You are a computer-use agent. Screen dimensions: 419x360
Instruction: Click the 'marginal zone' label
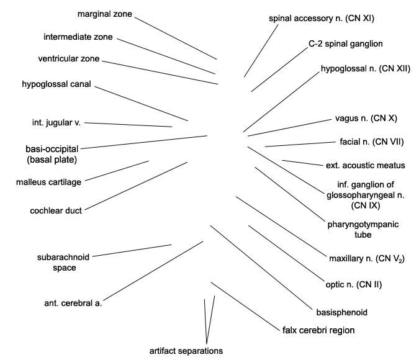(x=105, y=14)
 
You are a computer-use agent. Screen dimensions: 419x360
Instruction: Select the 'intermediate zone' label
(x=78, y=37)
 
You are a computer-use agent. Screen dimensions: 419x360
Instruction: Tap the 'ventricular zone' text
(x=69, y=59)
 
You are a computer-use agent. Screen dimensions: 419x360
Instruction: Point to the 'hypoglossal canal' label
(x=56, y=84)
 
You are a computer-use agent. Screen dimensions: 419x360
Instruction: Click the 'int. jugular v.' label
(x=56, y=123)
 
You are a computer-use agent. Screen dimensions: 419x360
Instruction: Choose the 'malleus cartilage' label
(x=48, y=182)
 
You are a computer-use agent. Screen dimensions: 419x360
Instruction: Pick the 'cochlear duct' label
(x=56, y=211)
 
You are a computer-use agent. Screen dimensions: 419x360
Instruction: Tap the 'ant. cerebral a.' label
(x=73, y=304)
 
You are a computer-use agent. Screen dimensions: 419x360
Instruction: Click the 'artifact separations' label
(x=186, y=351)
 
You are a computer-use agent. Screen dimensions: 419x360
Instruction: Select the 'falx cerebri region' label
(x=318, y=330)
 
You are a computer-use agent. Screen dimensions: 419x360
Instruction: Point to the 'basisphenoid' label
(x=342, y=312)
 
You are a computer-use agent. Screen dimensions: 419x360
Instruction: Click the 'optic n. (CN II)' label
(x=354, y=285)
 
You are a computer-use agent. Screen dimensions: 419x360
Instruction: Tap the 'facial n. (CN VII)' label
(x=372, y=142)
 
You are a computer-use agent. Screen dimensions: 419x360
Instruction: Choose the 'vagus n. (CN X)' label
(x=366, y=119)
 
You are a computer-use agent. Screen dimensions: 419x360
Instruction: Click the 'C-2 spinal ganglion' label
(x=346, y=44)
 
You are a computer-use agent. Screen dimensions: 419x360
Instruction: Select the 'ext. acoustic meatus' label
(x=365, y=166)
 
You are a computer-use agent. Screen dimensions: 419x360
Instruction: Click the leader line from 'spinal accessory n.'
(x=261, y=51)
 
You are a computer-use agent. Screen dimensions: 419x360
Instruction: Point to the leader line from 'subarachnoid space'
(x=132, y=250)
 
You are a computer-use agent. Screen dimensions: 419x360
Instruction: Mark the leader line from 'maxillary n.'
(x=281, y=227)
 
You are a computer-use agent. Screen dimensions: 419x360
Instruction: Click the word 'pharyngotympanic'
(x=363, y=225)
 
